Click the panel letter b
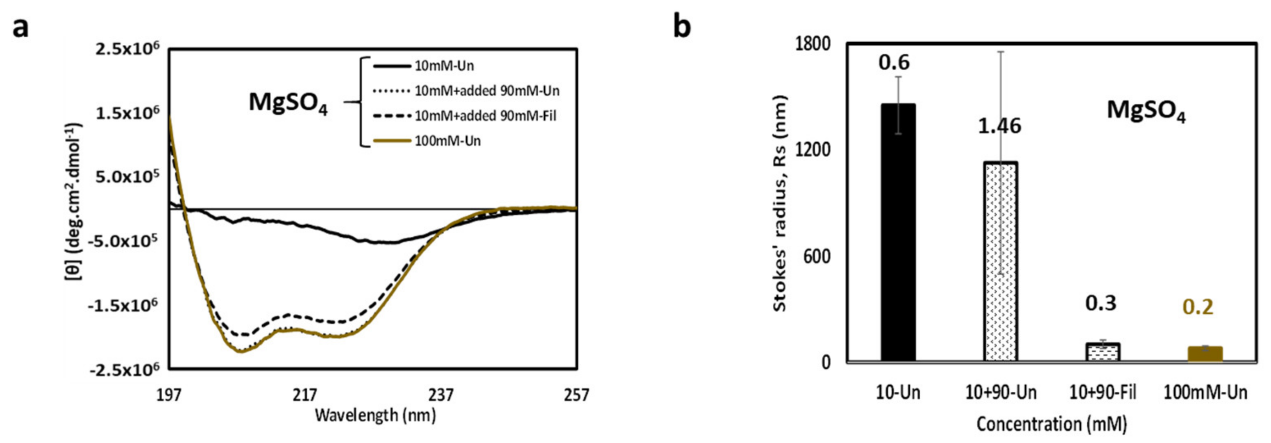point(682,27)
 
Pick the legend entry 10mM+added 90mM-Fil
point(486,116)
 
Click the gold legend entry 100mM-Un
point(447,141)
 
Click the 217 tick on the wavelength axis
point(304,395)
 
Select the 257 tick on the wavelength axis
point(576,395)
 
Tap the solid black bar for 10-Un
point(898,232)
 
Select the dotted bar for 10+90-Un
point(1001,262)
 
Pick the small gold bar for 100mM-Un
point(1205,354)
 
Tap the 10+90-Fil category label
point(1102,393)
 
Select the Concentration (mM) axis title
point(1051,424)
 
